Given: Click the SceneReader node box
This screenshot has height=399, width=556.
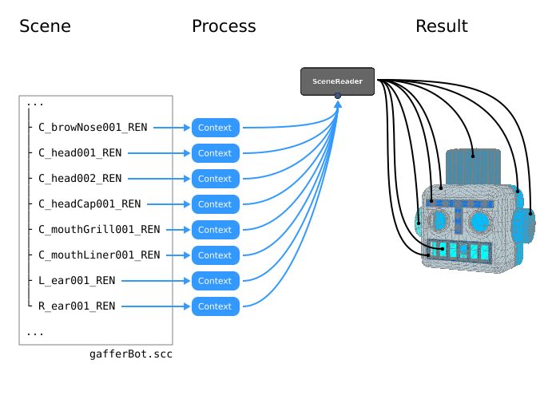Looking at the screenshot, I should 337,81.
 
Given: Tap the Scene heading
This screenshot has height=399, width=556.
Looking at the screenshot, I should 45,26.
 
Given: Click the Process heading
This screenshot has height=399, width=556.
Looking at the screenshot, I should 224,26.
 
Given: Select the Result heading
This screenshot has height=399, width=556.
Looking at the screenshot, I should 441,26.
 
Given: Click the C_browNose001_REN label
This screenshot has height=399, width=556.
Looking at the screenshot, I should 93,128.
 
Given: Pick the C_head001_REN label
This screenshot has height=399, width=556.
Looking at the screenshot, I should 80,153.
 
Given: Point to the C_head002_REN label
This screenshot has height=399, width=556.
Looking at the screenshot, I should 80,179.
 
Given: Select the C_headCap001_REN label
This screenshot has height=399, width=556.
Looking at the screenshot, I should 89,204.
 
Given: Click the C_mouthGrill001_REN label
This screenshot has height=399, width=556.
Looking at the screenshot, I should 99,230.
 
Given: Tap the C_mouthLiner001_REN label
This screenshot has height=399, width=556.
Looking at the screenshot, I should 99,255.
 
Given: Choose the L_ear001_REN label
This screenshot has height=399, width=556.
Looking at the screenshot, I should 77,281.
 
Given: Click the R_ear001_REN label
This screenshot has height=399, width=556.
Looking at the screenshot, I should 77,306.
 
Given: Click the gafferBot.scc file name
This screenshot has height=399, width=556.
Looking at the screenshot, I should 131,354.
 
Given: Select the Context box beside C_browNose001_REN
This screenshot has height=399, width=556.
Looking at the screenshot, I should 215,128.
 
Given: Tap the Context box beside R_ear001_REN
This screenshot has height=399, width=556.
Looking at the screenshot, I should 215,306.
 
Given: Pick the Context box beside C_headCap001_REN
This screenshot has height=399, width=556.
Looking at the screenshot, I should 215,204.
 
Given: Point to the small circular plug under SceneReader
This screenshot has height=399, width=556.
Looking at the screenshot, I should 338,97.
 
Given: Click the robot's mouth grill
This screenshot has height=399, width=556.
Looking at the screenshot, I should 459,251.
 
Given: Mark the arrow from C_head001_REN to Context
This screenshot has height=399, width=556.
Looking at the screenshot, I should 158,153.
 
